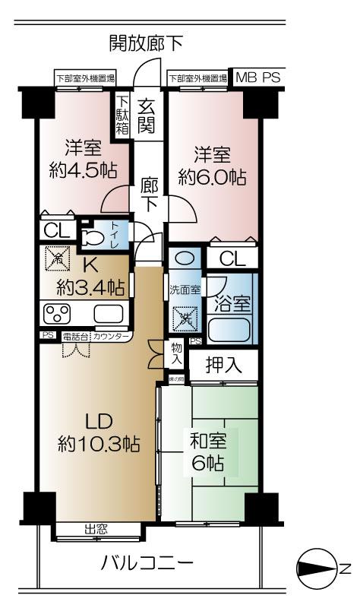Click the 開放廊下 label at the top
(146, 42)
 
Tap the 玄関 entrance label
(147, 113)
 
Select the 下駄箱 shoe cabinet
(123, 114)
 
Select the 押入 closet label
(224, 366)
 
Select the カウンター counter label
(112, 335)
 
